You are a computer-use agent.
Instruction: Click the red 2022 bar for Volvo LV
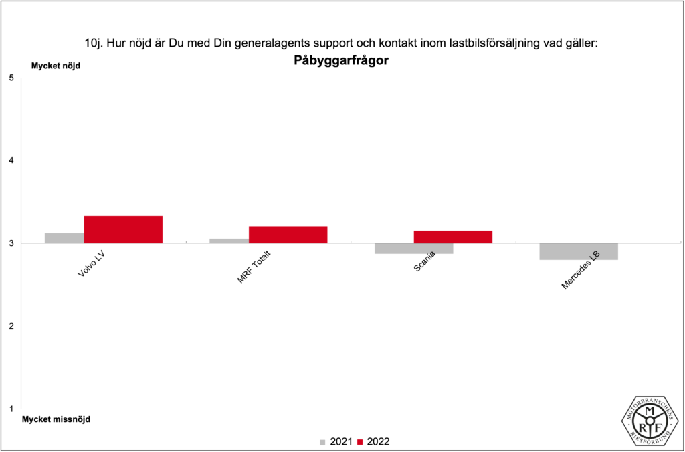(123, 229)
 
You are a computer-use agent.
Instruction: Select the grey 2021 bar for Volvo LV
(64, 238)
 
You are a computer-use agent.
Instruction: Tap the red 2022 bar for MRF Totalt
(288, 235)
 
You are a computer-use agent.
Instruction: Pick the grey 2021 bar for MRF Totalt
(229, 241)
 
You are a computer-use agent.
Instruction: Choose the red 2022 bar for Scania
(453, 237)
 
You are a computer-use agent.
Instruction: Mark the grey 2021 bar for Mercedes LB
(579, 251)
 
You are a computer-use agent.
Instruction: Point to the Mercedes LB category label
(580, 270)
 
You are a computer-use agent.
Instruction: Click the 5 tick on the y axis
(11, 78)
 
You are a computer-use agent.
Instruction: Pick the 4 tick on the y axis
(11, 160)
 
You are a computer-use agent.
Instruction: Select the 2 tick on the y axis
(11, 326)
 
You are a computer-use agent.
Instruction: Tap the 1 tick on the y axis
(11, 409)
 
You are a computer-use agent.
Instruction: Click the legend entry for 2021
(337, 441)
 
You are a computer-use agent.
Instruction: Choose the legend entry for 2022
(374, 441)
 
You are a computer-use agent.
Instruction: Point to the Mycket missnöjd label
(56, 419)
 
